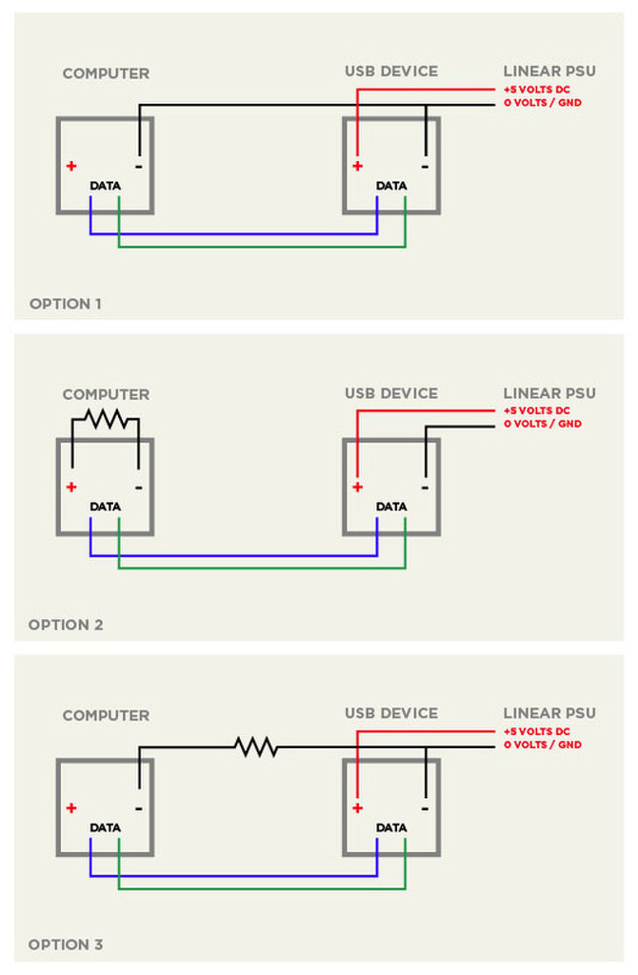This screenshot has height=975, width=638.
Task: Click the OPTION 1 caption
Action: pos(66,304)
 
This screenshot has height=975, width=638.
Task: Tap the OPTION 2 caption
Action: pos(66,625)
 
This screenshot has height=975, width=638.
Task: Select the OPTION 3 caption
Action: pos(66,945)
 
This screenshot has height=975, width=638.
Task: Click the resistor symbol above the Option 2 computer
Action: pos(107,419)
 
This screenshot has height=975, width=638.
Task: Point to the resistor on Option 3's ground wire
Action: pos(255,746)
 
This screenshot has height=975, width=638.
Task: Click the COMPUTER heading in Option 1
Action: pos(107,73)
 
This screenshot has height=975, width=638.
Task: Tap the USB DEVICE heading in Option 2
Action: pos(391,393)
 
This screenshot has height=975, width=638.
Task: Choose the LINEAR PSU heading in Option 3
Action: pos(549,713)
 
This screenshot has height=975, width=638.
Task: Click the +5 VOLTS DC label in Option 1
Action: pos(537,90)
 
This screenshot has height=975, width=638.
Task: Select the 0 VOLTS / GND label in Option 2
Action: pos(543,424)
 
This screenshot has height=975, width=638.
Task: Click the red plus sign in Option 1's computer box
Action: pos(71,166)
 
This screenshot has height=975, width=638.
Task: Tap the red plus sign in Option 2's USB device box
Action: pos(357,487)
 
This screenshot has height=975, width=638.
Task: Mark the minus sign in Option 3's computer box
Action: pos(139,808)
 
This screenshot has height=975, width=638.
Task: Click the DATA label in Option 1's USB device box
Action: pos(391,186)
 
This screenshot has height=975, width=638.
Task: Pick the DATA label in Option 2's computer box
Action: pos(105,507)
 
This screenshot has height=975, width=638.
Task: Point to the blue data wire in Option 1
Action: pos(234,234)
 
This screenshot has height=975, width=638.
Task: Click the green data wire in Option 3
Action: pos(262,888)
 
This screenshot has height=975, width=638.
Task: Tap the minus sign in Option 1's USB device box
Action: pos(425,167)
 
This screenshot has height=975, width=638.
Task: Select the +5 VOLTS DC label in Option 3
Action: pos(537,732)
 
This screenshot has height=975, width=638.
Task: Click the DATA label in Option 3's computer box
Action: pos(105,828)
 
